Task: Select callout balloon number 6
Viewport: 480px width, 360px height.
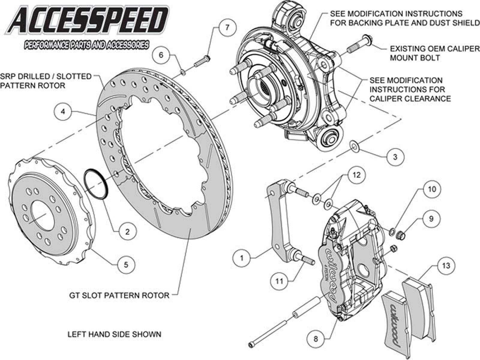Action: coord(161,55)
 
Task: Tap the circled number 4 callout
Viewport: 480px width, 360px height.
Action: coord(63,112)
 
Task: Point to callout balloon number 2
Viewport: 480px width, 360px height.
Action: coord(127,231)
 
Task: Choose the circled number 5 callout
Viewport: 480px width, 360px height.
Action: coord(126,265)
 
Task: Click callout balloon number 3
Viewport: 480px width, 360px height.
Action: coord(395,157)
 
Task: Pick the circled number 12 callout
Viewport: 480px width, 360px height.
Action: coord(356,175)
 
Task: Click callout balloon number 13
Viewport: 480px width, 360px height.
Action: coord(445,265)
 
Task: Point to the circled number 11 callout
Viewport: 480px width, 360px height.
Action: coord(279,281)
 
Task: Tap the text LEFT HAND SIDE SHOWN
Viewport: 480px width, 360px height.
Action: coord(114,334)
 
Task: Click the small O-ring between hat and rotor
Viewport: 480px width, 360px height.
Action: coord(95,184)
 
